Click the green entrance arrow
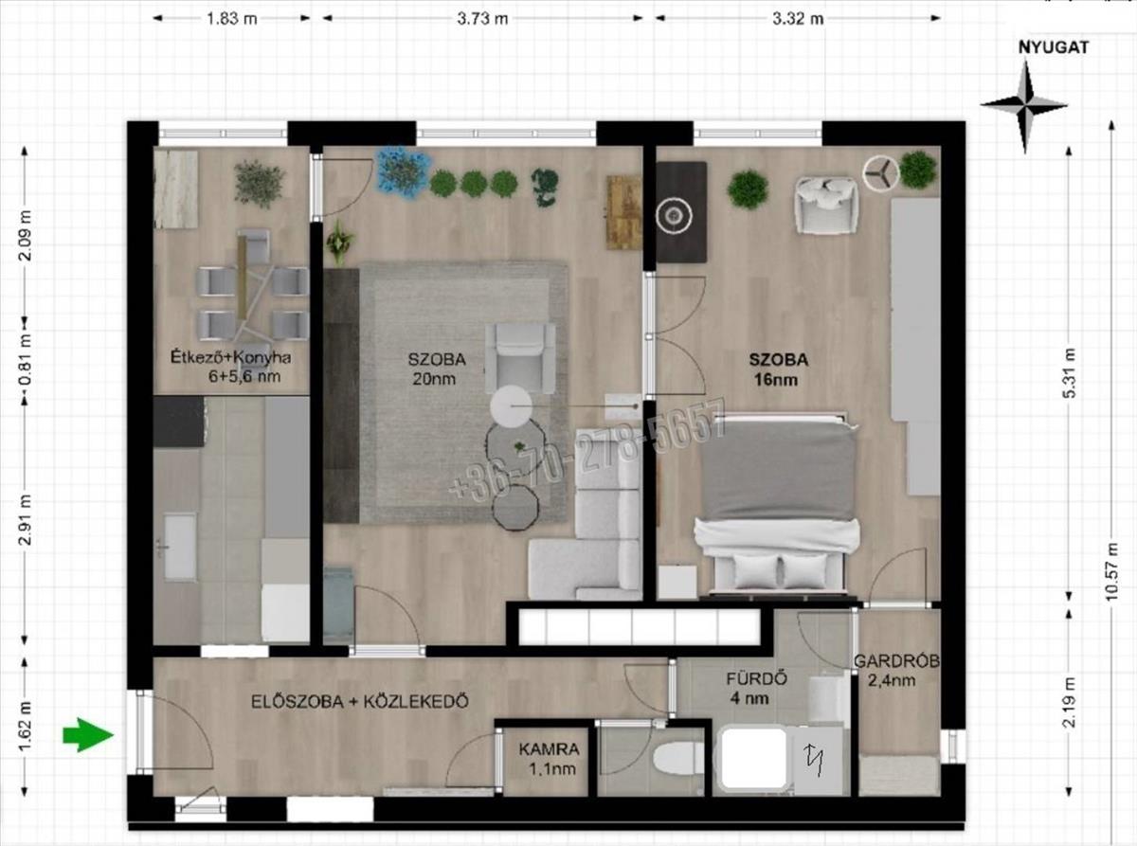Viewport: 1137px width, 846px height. pyautogui.click(x=87, y=735)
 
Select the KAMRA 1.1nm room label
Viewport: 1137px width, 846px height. pyautogui.click(x=549, y=759)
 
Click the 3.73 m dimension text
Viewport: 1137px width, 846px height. pyautogui.click(x=482, y=19)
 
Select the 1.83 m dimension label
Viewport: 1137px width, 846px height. pyautogui.click(x=231, y=19)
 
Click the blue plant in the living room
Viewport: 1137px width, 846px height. pyautogui.click(x=402, y=171)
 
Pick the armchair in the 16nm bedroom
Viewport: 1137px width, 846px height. pyautogui.click(x=826, y=205)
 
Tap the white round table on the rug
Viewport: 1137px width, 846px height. pyautogui.click(x=511, y=406)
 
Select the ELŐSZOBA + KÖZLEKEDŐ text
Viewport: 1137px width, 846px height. pyautogui.click(x=359, y=701)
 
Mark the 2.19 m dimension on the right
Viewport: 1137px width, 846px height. pyautogui.click(x=1069, y=702)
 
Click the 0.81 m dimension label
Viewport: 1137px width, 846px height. pyautogui.click(x=26, y=359)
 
